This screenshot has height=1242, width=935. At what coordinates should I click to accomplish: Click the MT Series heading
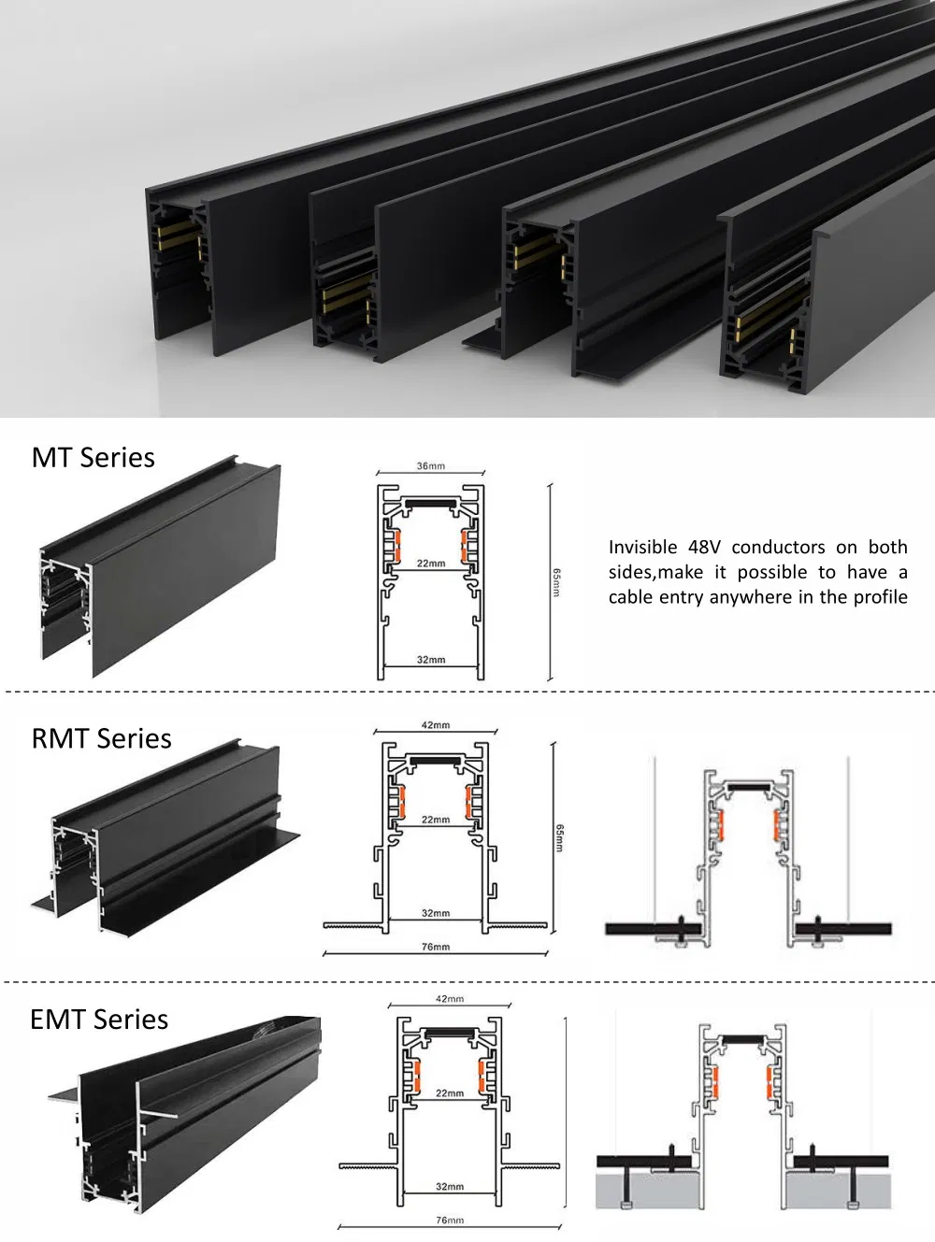point(93,458)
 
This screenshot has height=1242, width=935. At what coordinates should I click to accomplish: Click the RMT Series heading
point(102,739)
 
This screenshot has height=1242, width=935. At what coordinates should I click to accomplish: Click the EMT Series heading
point(99,1020)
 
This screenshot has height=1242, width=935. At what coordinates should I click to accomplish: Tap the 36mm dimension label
point(430,466)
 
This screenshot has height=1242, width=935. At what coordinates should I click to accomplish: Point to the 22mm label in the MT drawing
point(430,564)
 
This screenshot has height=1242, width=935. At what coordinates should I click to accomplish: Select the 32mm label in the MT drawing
point(430,660)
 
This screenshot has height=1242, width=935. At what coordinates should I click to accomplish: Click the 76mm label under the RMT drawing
point(435,947)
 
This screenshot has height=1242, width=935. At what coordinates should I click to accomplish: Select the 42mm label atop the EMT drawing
point(449,999)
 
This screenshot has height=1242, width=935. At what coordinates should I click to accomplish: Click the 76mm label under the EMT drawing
point(449,1221)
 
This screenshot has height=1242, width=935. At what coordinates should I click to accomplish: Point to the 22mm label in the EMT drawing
point(449,1093)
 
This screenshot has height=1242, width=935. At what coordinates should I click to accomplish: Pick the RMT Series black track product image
point(164,841)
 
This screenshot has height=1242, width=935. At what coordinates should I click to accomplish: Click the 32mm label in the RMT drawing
point(435,913)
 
